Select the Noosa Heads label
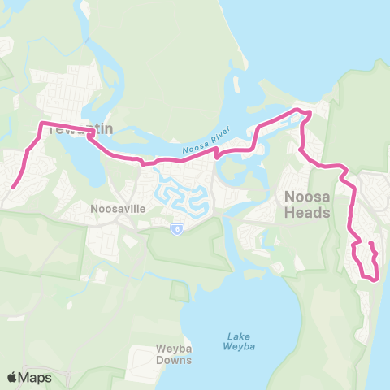click(308, 205)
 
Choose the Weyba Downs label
click(173, 355)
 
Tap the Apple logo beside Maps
click(13, 377)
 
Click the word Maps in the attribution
click(35, 377)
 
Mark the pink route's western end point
click(12, 187)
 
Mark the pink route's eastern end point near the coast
click(370, 244)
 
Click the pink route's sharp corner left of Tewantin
click(41, 123)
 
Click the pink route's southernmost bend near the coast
click(375, 279)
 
